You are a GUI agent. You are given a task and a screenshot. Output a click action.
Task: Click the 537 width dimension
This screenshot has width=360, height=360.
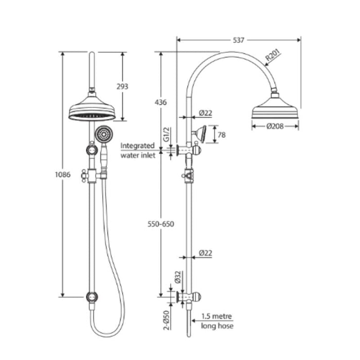coord(238,39)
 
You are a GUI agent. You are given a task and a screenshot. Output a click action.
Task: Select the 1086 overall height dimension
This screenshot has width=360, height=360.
coord(62,174)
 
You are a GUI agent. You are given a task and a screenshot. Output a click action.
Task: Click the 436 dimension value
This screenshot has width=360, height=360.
coord(160,102)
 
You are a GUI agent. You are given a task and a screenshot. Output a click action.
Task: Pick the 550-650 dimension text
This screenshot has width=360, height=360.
coord(160,224)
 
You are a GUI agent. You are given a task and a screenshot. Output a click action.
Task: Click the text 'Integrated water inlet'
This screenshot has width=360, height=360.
coord(137,150)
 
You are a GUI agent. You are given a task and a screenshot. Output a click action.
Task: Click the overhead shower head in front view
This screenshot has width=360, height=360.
coord(92,110)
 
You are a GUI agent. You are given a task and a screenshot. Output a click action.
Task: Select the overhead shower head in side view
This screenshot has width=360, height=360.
coord(275,109)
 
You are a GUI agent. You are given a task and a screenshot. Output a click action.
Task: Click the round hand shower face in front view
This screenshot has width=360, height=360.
coord(103,135)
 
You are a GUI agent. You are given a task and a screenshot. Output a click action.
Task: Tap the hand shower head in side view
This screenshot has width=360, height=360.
coord(200,134)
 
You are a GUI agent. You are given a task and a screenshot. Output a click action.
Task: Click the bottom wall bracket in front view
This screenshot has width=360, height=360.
coord(92,297)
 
